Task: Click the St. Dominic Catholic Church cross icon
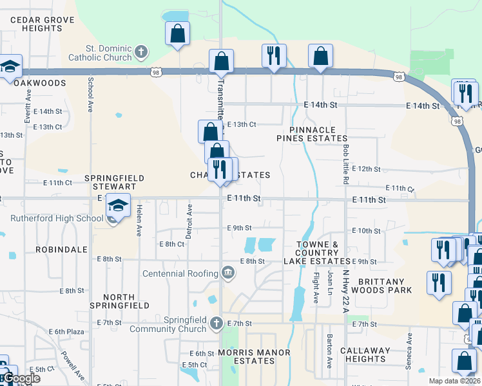[x=142, y=51]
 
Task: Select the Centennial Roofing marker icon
[x=227, y=273]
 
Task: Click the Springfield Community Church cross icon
[x=217, y=322]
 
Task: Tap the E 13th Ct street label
[x=242, y=124]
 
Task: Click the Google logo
[x=21, y=378]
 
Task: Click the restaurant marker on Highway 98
[x=274, y=55]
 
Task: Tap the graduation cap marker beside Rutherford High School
[x=118, y=205]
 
